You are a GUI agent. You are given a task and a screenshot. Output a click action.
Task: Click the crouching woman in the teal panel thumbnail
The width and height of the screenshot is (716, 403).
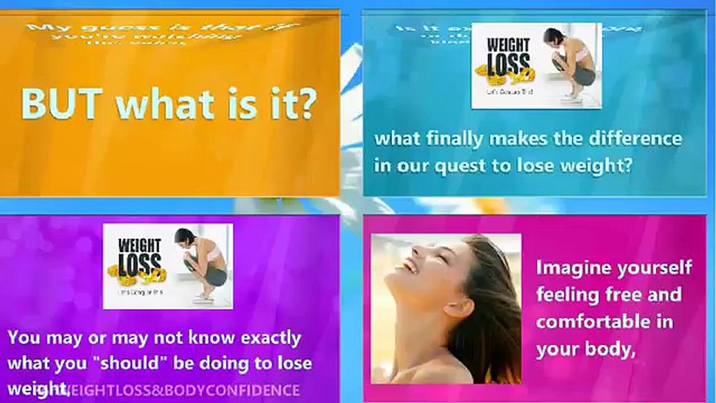(571, 62)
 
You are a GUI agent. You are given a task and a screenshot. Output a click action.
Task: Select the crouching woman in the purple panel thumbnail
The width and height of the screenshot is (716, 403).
(202, 263)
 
